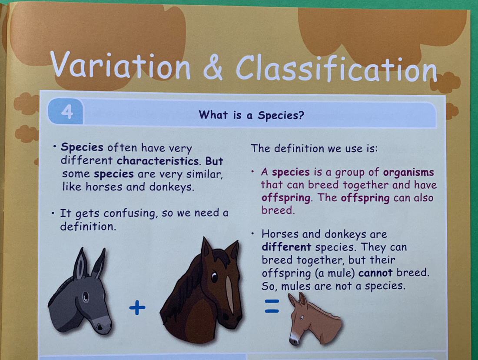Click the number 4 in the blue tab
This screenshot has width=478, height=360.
pos(67,112)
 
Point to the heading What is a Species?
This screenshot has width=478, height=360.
pos(251,115)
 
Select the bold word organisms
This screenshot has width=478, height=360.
pos(408,172)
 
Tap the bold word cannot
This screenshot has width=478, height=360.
pos(375,273)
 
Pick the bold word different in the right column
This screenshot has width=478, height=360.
pos(286,247)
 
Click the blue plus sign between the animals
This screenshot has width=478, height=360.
pos(137,309)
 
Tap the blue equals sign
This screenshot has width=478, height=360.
pos(272,306)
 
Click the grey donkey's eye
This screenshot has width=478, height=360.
pos(86,297)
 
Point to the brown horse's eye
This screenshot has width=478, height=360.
pos(214,276)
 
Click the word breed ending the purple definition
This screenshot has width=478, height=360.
pos(277,210)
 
